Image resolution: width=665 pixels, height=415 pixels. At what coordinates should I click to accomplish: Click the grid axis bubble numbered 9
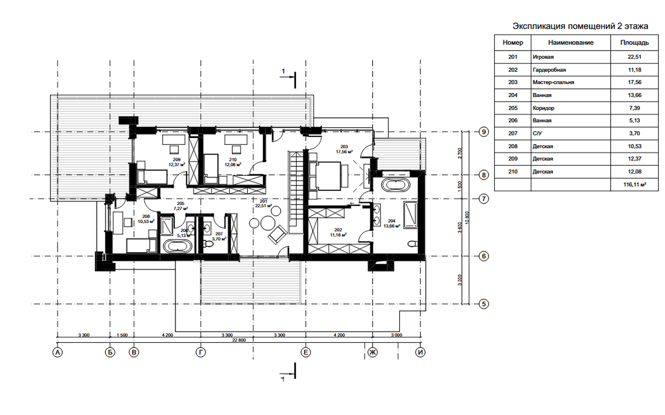[x=484, y=132]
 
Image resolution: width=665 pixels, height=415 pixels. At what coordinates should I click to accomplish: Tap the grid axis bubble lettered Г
[x=201, y=352]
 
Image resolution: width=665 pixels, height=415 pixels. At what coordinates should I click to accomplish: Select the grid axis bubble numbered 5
[x=484, y=304]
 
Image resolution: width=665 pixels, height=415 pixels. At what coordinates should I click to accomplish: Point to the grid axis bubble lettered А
[x=57, y=352]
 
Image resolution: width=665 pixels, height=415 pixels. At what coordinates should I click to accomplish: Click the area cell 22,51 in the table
[x=634, y=57]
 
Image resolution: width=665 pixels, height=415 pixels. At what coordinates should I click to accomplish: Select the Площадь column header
[x=634, y=42]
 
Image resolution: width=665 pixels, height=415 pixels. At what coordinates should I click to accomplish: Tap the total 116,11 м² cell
[x=634, y=185]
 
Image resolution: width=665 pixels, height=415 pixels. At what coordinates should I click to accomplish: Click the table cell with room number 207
[x=513, y=133]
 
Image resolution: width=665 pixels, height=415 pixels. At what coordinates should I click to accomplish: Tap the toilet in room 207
[x=209, y=243]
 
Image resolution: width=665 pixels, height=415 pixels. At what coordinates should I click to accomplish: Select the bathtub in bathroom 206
[x=177, y=247]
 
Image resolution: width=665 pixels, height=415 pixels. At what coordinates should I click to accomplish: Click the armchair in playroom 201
[x=277, y=235]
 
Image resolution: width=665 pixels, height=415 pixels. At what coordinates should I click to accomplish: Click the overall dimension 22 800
[x=239, y=340]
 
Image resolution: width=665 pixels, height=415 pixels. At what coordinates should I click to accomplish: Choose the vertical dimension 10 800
[x=467, y=218]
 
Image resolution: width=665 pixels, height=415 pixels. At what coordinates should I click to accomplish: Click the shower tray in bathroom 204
[x=410, y=215]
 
